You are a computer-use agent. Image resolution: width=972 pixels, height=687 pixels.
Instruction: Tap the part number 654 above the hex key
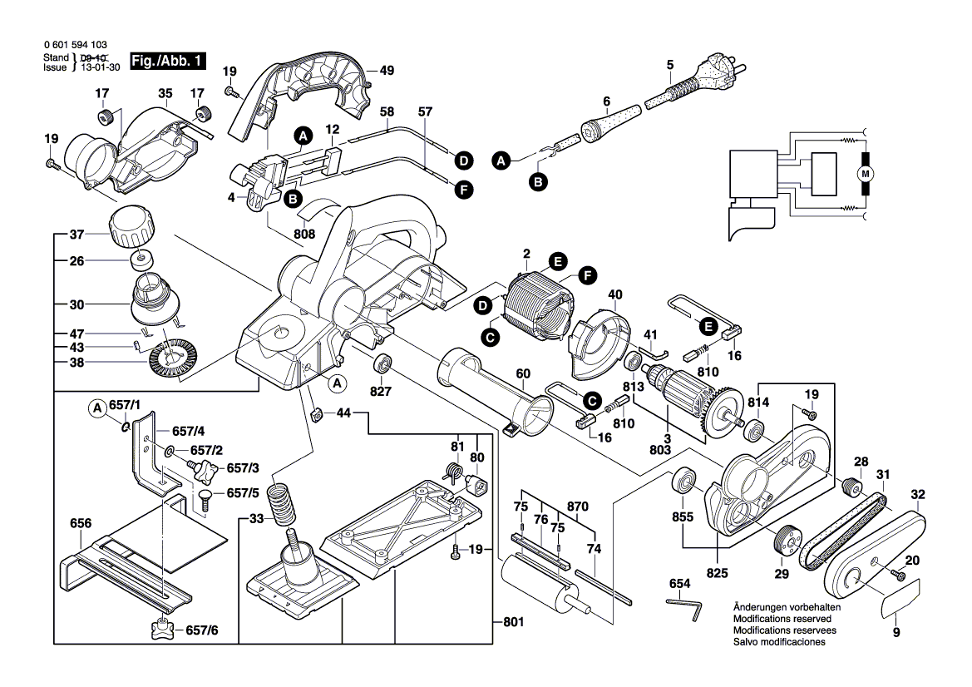[679, 585]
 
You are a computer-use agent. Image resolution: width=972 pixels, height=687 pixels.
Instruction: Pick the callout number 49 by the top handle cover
[386, 70]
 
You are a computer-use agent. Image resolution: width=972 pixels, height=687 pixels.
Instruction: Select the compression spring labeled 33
[281, 503]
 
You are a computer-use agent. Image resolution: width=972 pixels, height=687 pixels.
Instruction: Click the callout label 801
[515, 621]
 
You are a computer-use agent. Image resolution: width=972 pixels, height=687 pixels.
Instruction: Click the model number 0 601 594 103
[74, 45]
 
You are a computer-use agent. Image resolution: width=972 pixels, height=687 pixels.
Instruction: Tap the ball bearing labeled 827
[384, 363]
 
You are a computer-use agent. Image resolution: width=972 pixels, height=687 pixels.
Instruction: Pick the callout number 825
[717, 573]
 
